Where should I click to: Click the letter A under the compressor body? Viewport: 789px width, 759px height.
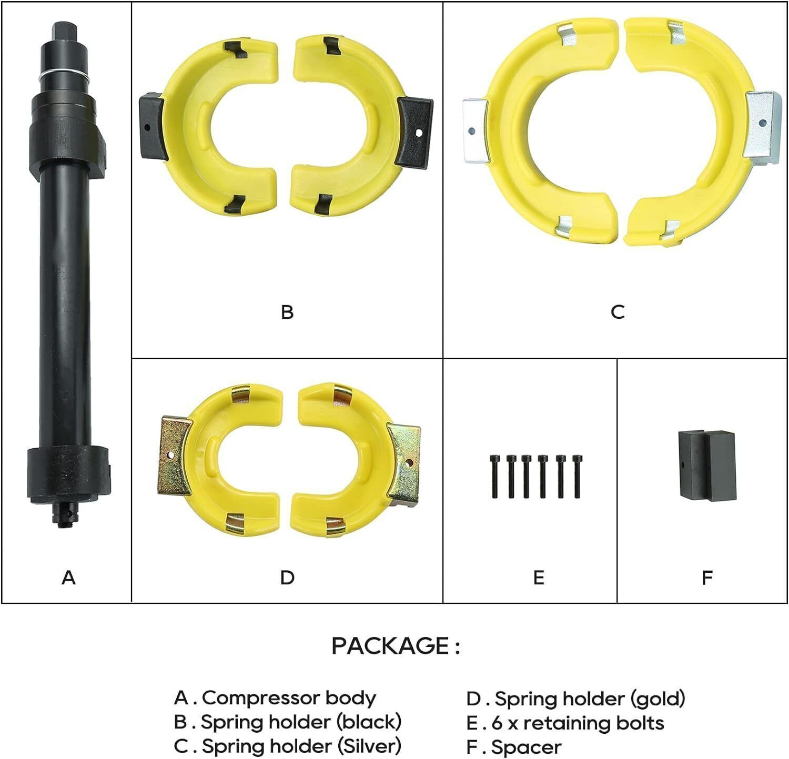pos(68,578)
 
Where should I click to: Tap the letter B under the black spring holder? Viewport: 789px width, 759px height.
pos(287,312)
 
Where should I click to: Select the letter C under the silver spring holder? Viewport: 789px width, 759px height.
pos(618,312)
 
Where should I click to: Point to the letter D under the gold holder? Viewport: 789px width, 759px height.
pos(287,578)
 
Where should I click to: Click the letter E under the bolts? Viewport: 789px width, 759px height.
pos(538,578)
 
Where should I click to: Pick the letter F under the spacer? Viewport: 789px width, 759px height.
pos(707,578)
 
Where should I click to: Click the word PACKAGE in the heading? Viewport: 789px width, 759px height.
pos(390,646)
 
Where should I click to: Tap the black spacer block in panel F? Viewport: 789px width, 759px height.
pos(707,465)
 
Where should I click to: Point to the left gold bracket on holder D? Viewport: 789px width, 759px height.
pos(174,456)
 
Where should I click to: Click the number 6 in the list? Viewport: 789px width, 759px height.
pos(497,723)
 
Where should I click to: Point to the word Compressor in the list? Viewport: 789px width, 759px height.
pos(260,699)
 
